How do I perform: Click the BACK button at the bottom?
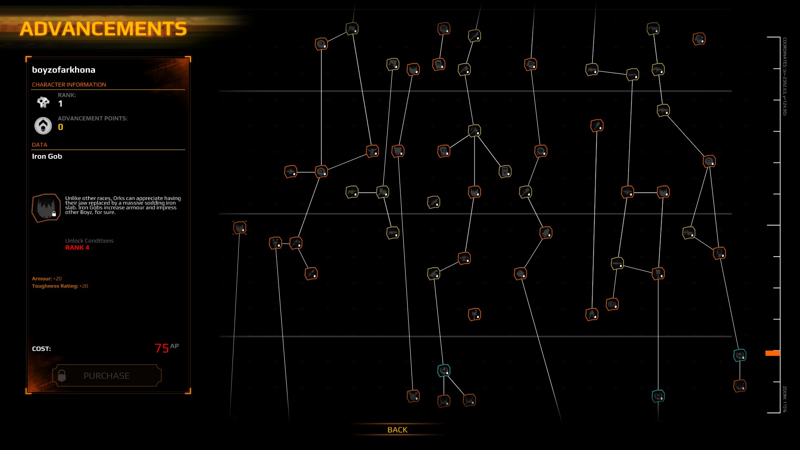[x=397, y=430]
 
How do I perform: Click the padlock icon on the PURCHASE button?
[x=62, y=375]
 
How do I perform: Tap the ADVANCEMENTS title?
[x=103, y=29]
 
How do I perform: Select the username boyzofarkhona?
[x=64, y=70]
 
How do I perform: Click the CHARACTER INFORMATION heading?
[x=69, y=85]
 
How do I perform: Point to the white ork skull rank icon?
[x=43, y=102]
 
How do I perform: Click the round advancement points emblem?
[x=43, y=125]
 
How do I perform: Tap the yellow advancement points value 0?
[x=60, y=127]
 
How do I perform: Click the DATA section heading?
[x=40, y=145]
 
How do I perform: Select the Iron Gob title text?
[x=47, y=156]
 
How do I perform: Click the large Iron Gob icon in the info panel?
[x=46, y=207]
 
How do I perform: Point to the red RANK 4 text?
[x=77, y=247]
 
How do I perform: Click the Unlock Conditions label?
[x=89, y=241]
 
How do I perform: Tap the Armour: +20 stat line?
[x=47, y=279]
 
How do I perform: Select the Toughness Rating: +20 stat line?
[x=60, y=286]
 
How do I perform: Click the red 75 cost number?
[x=162, y=348]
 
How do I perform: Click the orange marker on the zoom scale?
[x=772, y=353]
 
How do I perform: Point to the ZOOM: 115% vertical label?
[x=784, y=399]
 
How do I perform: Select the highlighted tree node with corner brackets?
[x=240, y=227]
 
